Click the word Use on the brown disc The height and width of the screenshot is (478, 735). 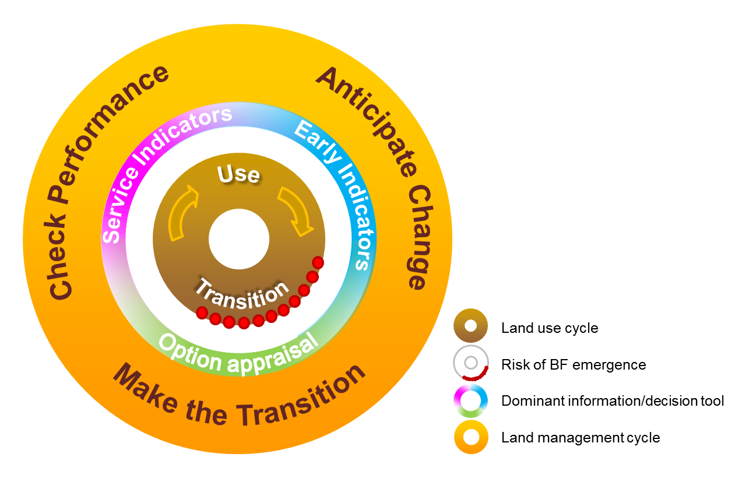(238, 174)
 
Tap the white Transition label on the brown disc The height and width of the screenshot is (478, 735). (241, 294)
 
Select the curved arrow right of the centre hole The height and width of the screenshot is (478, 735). (296, 211)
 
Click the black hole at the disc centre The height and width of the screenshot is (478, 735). (239, 239)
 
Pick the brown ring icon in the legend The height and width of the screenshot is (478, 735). (470, 325)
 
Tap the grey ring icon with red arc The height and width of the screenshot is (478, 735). (471, 363)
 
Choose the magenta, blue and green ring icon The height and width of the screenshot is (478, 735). (470, 400)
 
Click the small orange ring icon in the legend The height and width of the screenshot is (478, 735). (471, 437)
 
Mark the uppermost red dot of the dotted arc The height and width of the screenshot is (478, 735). (318, 262)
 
